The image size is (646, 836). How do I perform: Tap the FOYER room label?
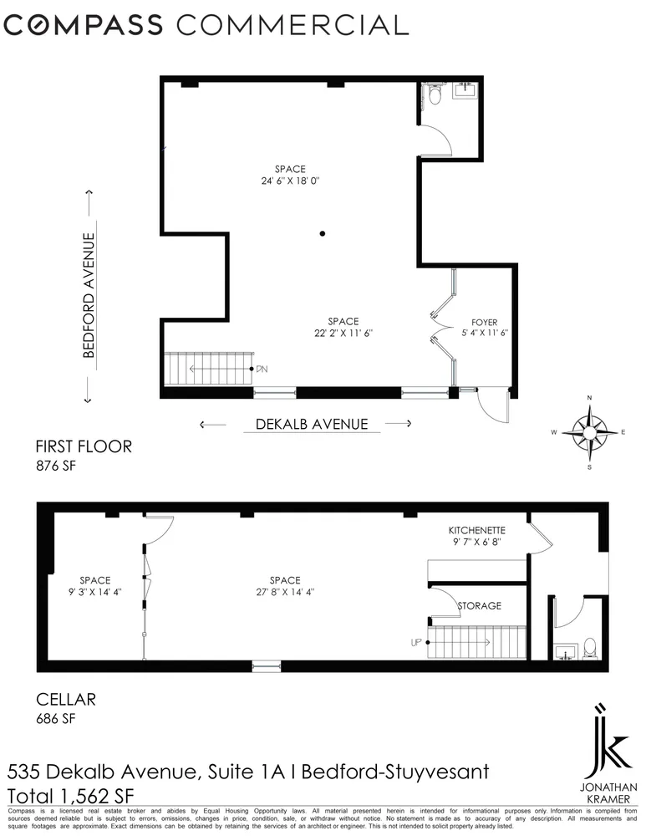[484, 321]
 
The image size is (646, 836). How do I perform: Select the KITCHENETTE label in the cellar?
[476, 530]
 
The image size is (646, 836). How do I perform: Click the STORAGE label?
[479, 605]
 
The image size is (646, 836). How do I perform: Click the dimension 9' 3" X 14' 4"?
[94, 592]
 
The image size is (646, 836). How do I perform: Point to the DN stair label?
[262, 369]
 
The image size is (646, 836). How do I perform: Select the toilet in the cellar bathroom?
[588, 646]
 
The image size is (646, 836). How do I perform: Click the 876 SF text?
[55, 466]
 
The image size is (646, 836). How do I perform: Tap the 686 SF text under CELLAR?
[55, 717]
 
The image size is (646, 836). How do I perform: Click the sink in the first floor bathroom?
[464, 92]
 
